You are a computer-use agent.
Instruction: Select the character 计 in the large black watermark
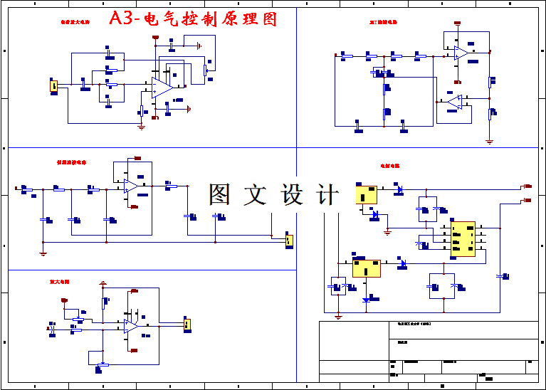click(326, 194)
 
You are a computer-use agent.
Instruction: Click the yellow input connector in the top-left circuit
click(53, 86)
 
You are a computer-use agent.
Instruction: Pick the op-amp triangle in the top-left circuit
click(162, 88)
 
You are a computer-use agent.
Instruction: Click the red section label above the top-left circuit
click(75, 23)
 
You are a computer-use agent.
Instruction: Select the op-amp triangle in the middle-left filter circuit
click(131, 186)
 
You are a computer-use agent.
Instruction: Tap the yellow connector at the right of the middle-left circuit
click(288, 241)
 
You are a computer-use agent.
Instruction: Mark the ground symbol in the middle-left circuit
click(43, 252)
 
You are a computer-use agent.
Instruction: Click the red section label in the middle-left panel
click(71, 162)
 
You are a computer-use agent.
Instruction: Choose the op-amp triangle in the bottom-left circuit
click(131, 325)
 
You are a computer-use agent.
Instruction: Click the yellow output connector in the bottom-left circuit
click(187, 325)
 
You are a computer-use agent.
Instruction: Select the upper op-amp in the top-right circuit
click(461, 53)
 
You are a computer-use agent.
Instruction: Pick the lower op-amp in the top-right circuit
click(455, 102)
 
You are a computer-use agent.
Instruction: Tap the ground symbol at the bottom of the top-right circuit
click(489, 141)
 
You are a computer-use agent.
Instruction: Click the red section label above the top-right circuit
click(383, 23)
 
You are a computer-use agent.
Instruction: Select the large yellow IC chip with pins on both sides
click(463, 238)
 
